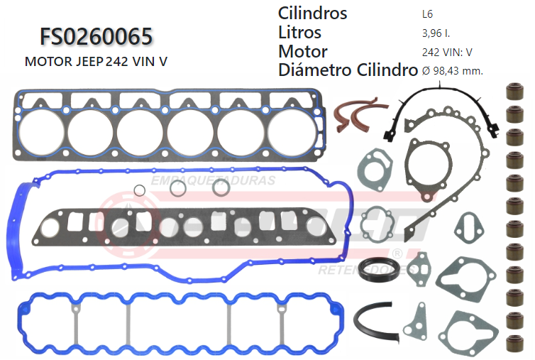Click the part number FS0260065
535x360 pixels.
tap(95, 37)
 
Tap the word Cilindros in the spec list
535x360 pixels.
tap(312, 13)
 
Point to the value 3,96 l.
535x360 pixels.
tap(434, 33)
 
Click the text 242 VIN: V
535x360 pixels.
tap(447, 52)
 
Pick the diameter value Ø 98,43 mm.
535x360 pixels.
tap(452, 71)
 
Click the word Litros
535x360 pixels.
tap(299, 32)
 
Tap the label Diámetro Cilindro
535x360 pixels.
tap(347, 70)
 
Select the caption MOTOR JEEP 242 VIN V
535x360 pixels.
tap(96, 61)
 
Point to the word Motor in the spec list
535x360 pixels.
tap(303, 51)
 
